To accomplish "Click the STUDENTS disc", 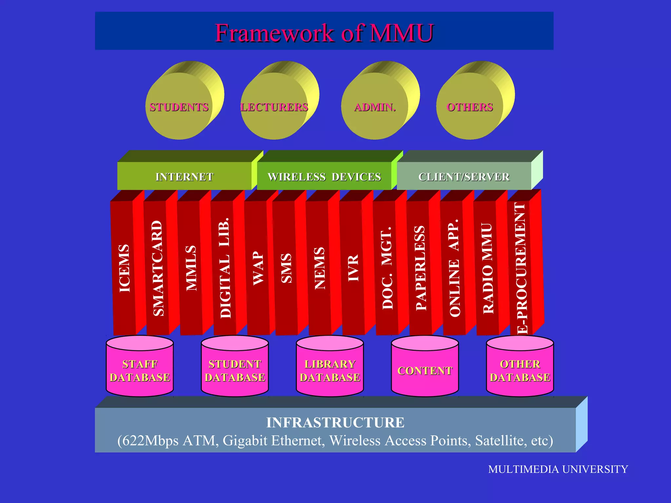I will [179, 107].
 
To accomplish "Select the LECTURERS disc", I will [274, 107].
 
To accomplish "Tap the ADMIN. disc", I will [375, 107].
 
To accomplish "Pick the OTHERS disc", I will [470, 107].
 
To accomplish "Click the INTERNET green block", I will [184, 177].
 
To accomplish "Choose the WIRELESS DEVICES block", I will [324, 177].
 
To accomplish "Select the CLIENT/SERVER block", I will [464, 177].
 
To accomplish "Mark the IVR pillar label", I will [353, 268].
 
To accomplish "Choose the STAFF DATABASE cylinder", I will [140, 370].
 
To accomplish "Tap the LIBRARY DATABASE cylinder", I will [330, 370].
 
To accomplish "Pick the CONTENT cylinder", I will [425, 370].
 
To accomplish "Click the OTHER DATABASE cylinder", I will [520, 370].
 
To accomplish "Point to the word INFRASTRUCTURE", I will [335, 422].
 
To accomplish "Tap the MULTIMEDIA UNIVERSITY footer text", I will [558, 469].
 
